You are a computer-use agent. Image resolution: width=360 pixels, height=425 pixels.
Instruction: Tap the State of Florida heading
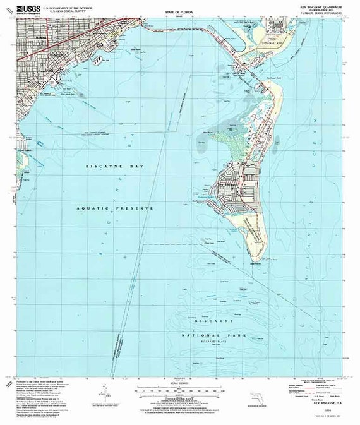[179, 12]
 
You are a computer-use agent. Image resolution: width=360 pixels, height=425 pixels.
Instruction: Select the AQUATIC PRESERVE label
[116, 207]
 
